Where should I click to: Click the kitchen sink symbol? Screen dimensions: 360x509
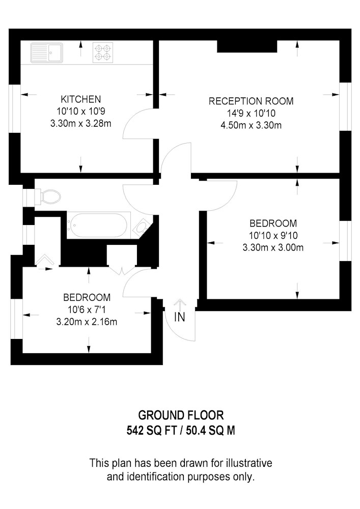[47, 52]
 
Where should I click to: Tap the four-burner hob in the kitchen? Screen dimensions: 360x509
[103, 52]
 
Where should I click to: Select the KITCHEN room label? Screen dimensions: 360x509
[81, 99]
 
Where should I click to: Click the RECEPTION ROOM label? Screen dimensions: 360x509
[251, 101]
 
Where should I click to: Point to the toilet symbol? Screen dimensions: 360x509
[48, 196]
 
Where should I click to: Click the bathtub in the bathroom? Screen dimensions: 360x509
[99, 225]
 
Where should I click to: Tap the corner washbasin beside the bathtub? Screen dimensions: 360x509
[142, 228]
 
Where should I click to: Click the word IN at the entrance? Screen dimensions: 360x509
[180, 317]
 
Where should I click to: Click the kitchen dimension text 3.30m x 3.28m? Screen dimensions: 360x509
[81, 124]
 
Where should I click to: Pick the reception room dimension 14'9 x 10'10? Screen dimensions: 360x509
[251, 114]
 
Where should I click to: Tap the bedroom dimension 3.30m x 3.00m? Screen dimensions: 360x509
[273, 248]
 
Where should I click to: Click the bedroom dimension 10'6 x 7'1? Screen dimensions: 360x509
[87, 309]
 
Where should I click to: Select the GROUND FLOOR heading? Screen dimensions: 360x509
[181, 415]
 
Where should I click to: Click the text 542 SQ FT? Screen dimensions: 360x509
[152, 431]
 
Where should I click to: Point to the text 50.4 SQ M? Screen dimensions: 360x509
[210, 431]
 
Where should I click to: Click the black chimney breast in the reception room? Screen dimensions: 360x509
[247, 46]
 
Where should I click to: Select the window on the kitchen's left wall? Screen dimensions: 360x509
[15, 109]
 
